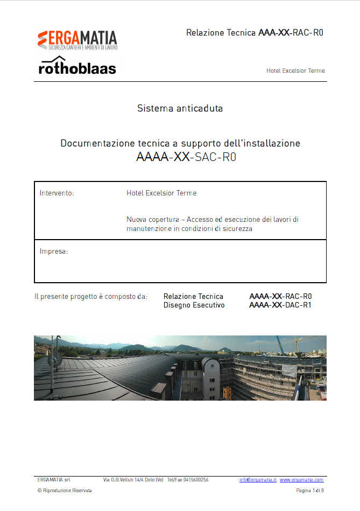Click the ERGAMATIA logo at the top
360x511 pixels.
click(x=77, y=40)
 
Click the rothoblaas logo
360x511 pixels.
click(x=77, y=67)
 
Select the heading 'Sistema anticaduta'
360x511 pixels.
click(x=180, y=108)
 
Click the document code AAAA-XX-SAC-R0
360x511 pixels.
click(x=186, y=158)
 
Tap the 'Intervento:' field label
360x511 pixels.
click(x=57, y=193)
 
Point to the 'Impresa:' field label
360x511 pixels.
click(x=54, y=251)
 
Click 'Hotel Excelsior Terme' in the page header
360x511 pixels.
click(x=295, y=71)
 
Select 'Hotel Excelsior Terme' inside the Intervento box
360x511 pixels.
click(x=161, y=193)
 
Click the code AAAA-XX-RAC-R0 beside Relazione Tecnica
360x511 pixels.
click(x=280, y=296)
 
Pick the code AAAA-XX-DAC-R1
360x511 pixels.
click(x=280, y=305)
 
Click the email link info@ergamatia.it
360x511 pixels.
click(x=258, y=479)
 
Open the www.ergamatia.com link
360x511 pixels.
click(x=301, y=479)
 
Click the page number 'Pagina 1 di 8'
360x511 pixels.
click(x=310, y=491)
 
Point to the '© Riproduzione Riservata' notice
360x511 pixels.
click(x=65, y=491)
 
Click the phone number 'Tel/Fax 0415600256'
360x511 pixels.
click(x=188, y=479)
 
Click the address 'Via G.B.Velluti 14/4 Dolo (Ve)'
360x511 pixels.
click(x=133, y=479)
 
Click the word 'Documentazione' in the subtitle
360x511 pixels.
click(x=95, y=143)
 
